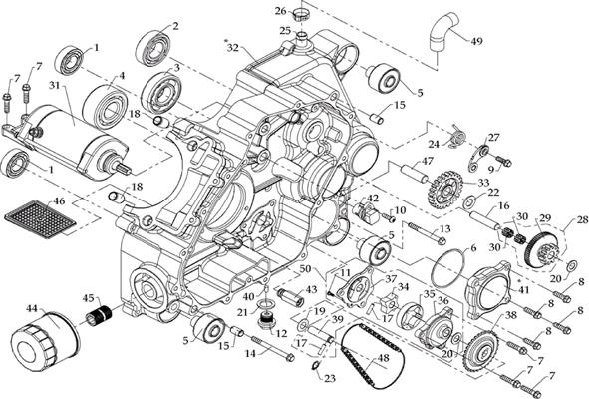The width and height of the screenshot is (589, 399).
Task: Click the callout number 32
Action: (x=232, y=47)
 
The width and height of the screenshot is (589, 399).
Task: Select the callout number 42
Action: (x=372, y=199)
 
